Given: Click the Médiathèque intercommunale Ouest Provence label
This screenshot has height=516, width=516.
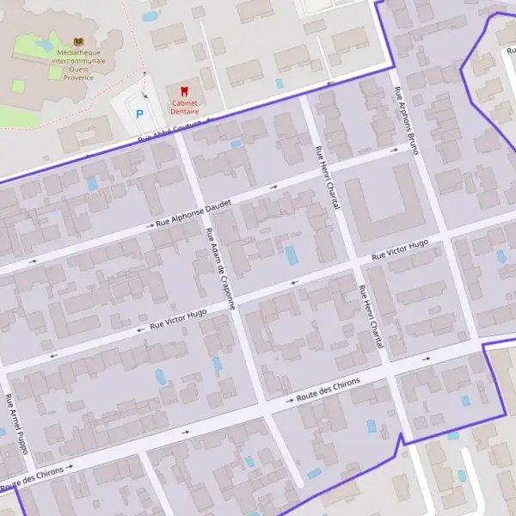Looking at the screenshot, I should (80, 63).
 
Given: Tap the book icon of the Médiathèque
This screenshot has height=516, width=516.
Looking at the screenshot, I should (79, 42).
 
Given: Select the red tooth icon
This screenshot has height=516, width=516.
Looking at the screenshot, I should (182, 90).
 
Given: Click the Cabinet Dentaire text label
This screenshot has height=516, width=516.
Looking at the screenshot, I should (184, 107).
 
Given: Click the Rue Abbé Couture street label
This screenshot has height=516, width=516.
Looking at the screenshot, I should (173, 132).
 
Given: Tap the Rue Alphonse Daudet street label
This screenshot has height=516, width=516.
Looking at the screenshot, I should (194, 213).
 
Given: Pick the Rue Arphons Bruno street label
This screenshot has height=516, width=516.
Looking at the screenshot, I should (405, 121).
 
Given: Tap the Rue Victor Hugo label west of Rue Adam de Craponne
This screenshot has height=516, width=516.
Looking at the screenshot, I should (178, 320).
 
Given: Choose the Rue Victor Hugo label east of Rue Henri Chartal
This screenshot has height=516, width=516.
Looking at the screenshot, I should (400, 250).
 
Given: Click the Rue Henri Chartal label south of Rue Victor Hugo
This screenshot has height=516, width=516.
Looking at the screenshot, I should (372, 316).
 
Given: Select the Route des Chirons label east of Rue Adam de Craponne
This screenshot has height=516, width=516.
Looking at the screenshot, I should (327, 392).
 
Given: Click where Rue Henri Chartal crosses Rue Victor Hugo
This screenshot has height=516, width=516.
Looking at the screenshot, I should (356, 262).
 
